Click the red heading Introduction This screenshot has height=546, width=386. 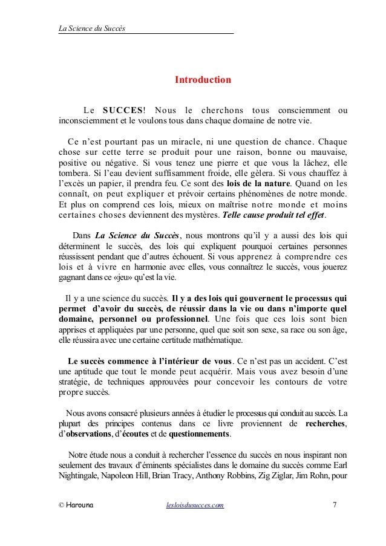tap(203, 79)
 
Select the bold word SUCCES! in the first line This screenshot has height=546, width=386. tap(123, 109)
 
